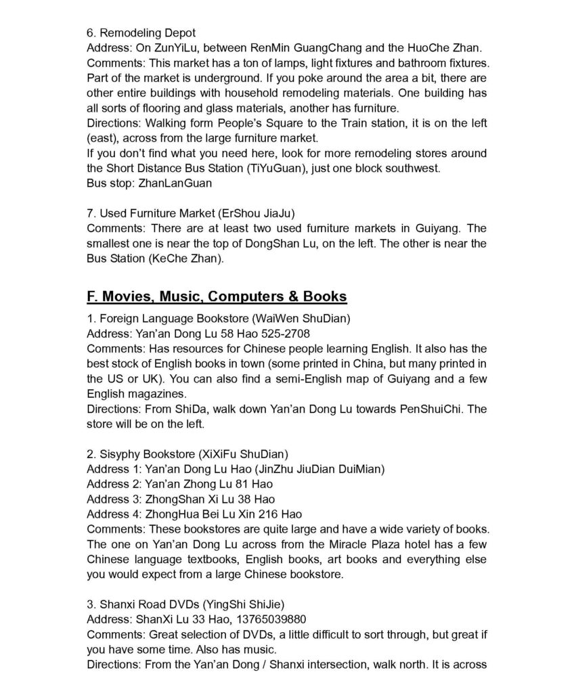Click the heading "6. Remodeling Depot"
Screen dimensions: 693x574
tap(141, 32)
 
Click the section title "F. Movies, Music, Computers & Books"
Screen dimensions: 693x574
tap(217, 296)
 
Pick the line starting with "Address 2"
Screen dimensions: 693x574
tap(180, 484)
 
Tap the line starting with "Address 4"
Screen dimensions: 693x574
tap(194, 514)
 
